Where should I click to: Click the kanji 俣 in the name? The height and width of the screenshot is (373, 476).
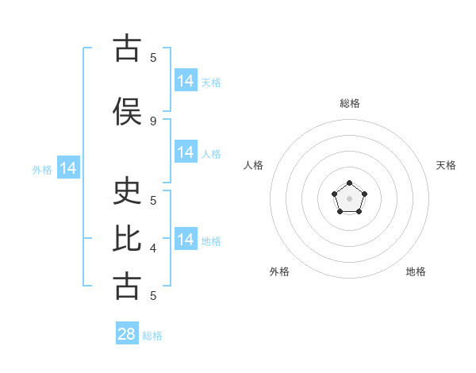(127, 111)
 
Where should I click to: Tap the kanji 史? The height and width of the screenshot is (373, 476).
(127, 190)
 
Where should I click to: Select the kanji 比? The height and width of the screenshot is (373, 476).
(127, 238)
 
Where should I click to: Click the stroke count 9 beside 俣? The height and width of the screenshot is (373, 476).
(153, 121)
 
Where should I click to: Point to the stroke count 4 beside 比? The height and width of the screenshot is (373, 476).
(153, 248)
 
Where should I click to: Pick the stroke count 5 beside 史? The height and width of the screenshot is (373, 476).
(153, 201)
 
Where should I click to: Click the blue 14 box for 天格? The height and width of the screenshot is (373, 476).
(186, 80)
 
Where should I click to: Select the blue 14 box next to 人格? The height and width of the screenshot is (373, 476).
(186, 152)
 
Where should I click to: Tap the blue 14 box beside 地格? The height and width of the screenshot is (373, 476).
(186, 238)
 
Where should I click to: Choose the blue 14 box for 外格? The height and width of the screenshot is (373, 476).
(68, 167)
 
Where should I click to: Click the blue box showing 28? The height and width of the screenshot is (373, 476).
(127, 333)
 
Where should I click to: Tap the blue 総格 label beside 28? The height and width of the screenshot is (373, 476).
(152, 336)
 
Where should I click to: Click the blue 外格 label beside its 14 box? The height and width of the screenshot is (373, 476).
(42, 170)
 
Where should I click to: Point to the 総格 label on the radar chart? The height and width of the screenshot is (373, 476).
(350, 103)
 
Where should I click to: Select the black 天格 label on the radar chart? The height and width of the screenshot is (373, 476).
(446, 165)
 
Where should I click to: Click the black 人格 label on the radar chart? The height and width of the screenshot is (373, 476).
(253, 165)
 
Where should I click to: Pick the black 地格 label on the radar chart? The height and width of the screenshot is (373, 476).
(416, 271)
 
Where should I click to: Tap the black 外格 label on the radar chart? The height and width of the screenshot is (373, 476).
(279, 271)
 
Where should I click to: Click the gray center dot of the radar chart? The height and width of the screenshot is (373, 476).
(349, 198)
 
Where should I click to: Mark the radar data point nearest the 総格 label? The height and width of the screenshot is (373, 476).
(349, 183)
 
